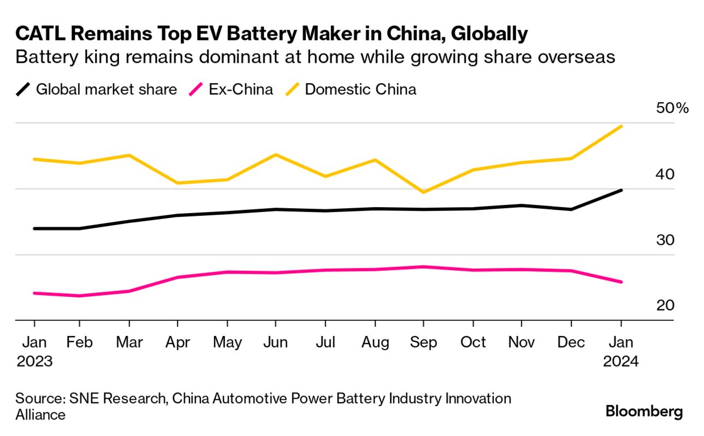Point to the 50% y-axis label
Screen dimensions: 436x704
[673, 108]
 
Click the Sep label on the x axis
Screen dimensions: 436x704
[423, 343]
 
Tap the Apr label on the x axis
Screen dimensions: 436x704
[178, 343]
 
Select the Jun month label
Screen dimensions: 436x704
[276, 343]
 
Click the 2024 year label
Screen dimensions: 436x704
[620, 362]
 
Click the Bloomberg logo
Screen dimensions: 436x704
[644, 411]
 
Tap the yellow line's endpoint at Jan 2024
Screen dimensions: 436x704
[621, 126]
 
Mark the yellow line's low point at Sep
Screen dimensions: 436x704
[424, 192]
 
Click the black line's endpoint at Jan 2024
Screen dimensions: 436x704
[621, 190]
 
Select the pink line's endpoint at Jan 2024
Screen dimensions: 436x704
[621, 282]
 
